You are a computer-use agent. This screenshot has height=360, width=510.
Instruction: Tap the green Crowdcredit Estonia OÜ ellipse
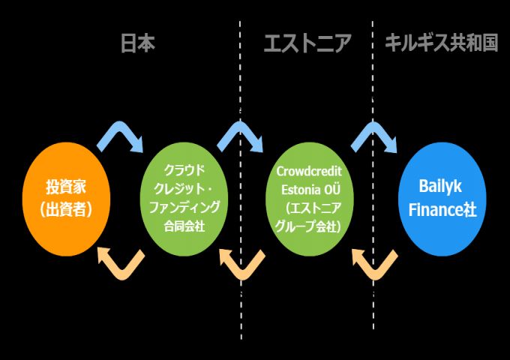[x=308, y=198]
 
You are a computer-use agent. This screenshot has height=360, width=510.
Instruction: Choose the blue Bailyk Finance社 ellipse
[x=442, y=198]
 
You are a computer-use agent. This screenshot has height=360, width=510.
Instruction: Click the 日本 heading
[x=138, y=43]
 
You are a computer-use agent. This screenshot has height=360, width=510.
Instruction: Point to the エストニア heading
[x=307, y=43]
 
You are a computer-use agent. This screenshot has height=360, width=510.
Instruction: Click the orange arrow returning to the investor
[x=121, y=262]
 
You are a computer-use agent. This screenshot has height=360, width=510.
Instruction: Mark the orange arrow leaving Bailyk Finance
[x=373, y=263]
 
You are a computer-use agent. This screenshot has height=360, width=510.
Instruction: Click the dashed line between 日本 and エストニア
[x=241, y=75]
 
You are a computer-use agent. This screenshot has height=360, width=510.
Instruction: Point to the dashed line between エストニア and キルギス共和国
[x=373, y=75]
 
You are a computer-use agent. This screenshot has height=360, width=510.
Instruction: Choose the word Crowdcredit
[x=309, y=171]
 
